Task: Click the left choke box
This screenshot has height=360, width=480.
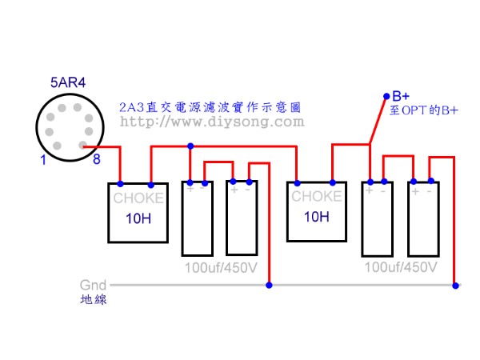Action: coord(138,212)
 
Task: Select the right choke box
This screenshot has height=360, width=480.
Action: coord(317,212)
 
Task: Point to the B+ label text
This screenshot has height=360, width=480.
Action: coord(400,95)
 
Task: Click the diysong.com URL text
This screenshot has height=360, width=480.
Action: coord(212,122)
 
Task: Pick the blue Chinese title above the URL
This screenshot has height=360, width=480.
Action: coord(212,106)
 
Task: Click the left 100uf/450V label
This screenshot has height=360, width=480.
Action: coord(221,266)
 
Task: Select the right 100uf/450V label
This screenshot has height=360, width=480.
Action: coord(401,266)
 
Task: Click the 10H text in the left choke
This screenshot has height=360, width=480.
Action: coord(138,218)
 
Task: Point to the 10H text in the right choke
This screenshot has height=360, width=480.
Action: coord(317,217)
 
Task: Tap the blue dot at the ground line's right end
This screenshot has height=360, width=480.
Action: coord(456,284)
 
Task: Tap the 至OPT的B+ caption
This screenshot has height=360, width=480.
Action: coord(424,110)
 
